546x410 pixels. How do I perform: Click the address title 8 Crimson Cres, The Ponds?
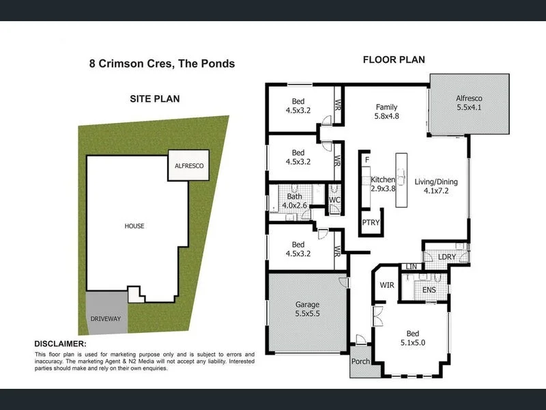coord(162,64)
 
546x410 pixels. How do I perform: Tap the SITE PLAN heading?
coord(155,98)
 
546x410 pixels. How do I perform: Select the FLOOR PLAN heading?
coord(393,59)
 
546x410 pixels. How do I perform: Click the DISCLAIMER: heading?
coord(60,344)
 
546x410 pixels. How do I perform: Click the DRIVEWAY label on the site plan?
coord(105,319)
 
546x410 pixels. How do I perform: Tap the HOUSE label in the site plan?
coord(134,226)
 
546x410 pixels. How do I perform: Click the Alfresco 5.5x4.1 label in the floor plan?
coord(469,102)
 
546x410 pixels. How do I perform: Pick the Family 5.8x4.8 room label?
coord(386,112)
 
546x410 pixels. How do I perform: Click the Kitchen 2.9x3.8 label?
coord(383,184)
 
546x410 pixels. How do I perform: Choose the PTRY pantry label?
coord(371,223)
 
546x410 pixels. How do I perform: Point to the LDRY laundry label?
coord(446,256)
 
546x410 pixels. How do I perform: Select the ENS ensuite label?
coord(429,290)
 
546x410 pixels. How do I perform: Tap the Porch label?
coord(360,361)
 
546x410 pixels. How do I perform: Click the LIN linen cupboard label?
coord(411,266)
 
